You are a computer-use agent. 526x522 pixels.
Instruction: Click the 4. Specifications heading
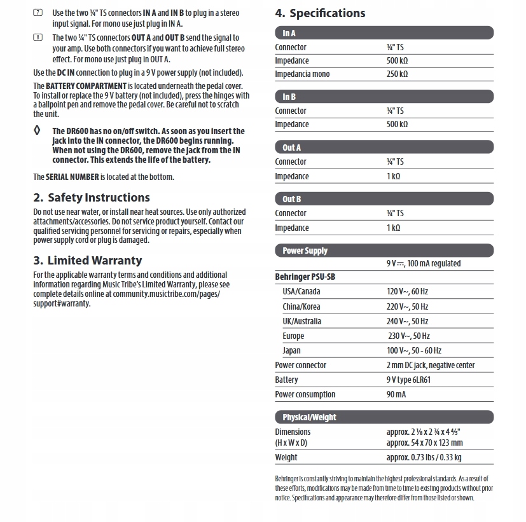pyautogui.click(x=320, y=13)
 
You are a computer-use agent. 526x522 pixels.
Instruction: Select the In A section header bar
pyautogui.click(x=384, y=33)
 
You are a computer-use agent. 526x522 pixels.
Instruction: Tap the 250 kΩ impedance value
pyautogui.click(x=397, y=74)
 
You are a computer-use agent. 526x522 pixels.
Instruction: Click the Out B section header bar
pyautogui.click(x=384, y=199)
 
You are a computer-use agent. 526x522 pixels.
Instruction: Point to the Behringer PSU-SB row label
pyautogui.click(x=305, y=277)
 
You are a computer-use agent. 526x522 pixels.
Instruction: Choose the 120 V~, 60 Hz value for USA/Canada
pyautogui.click(x=407, y=292)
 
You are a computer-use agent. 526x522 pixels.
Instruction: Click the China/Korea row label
pyautogui.click(x=301, y=306)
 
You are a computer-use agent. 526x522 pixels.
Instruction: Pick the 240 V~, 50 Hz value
pyautogui.click(x=407, y=321)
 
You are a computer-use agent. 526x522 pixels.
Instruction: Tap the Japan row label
pyautogui.click(x=292, y=350)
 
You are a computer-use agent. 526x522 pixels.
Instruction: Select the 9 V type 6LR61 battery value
pyautogui.click(x=408, y=380)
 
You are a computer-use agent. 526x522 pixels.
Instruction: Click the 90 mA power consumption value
pyautogui.click(x=396, y=394)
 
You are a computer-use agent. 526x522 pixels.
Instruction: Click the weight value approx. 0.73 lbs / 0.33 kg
pyautogui.click(x=424, y=457)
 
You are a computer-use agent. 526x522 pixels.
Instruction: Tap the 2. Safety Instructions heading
pyautogui.click(x=92, y=198)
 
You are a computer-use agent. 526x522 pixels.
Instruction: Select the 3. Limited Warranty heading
pyautogui.click(x=88, y=261)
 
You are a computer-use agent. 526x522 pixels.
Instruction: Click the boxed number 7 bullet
pyautogui.click(x=38, y=13)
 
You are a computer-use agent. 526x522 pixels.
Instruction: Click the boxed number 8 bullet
pyautogui.click(x=38, y=38)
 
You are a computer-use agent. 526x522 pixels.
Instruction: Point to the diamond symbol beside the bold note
pyautogui.click(x=38, y=131)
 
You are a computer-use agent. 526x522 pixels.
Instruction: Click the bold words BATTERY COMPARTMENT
pyautogui.click(x=86, y=86)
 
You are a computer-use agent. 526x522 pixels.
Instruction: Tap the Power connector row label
pyautogui.click(x=300, y=365)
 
